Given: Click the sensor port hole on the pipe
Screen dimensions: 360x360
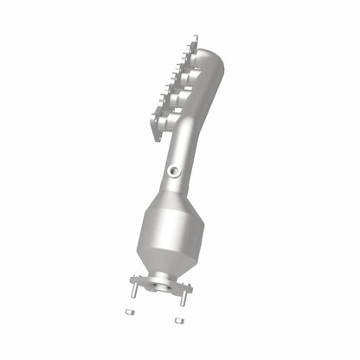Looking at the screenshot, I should (177, 170).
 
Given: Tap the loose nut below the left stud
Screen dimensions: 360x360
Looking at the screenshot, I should (128, 312).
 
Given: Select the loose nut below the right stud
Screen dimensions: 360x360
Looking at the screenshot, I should (177, 320).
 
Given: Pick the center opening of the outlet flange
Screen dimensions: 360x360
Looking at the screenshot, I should (159, 283).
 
